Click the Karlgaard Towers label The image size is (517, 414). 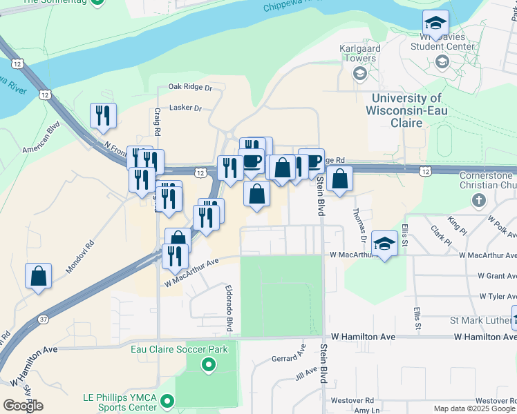[x=358, y=54]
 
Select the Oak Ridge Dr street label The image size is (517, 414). [x=190, y=88]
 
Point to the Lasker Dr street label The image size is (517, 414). [x=185, y=108]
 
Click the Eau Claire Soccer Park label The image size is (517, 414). [x=180, y=349]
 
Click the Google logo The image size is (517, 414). [x=23, y=406]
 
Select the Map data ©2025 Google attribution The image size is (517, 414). [x=474, y=409]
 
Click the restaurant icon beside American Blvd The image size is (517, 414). [x=103, y=115]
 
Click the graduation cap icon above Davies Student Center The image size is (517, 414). [x=436, y=22]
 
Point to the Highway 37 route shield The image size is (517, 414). [x=43, y=319]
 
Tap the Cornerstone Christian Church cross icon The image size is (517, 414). [x=478, y=200]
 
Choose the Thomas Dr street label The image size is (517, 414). [x=360, y=225]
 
